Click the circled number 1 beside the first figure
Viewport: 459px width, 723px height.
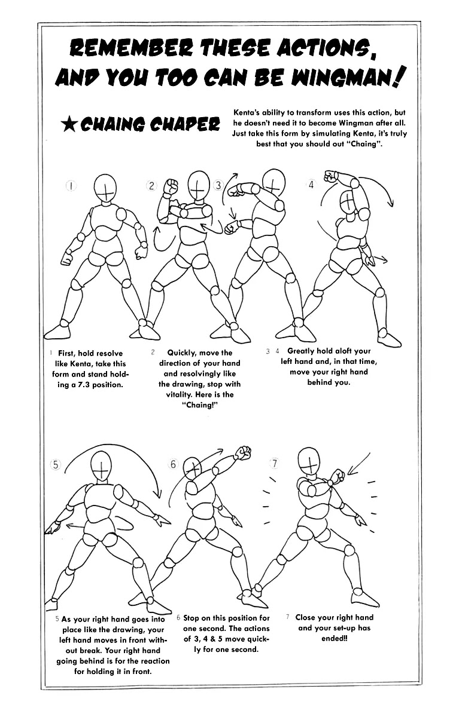[71, 186]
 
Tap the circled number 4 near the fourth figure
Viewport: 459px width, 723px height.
[311, 185]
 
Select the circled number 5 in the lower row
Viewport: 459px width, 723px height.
[56, 465]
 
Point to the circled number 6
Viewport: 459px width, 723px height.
[174, 464]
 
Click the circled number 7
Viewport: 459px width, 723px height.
[275, 464]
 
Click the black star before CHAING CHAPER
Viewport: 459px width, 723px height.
[69, 125]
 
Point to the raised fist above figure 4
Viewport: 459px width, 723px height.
[330, 176]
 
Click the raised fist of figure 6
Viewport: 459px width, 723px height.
[244, 453]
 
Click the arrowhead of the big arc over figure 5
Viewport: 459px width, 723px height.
[158, 494]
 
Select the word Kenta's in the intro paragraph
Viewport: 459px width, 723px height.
[247, 113]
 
